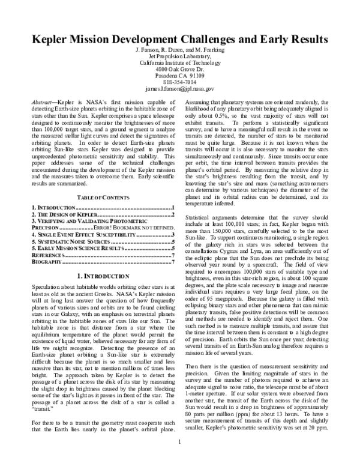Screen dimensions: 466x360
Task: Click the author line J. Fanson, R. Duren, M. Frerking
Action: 179,49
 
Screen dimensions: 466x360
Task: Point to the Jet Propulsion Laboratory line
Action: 180,56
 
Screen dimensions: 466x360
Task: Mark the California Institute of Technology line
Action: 180,62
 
